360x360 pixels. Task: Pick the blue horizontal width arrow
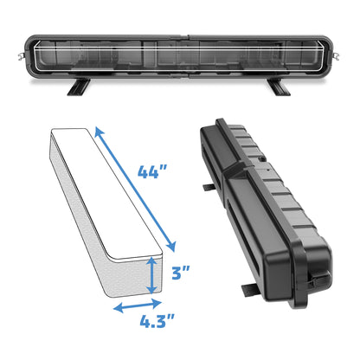click(136, 306)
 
